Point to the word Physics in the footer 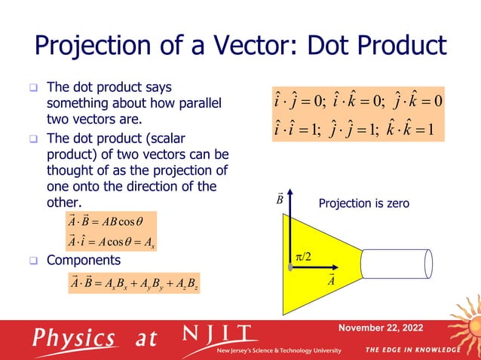pyautogui.click(x=73, y=338)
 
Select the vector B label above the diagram pyautogui.click(x=279, y=200)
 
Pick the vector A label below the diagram pyautogui.click(x=330, y=281)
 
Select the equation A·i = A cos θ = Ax pyautogui.click(x=111, y=243)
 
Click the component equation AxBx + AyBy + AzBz pyautogui.click(x=134, y=284)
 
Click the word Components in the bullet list pyautogui.click(x=83, y=261)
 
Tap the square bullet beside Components pyautogui.click(x=33, y=261)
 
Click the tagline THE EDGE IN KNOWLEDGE pyautogui.click(x=412, y=350)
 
